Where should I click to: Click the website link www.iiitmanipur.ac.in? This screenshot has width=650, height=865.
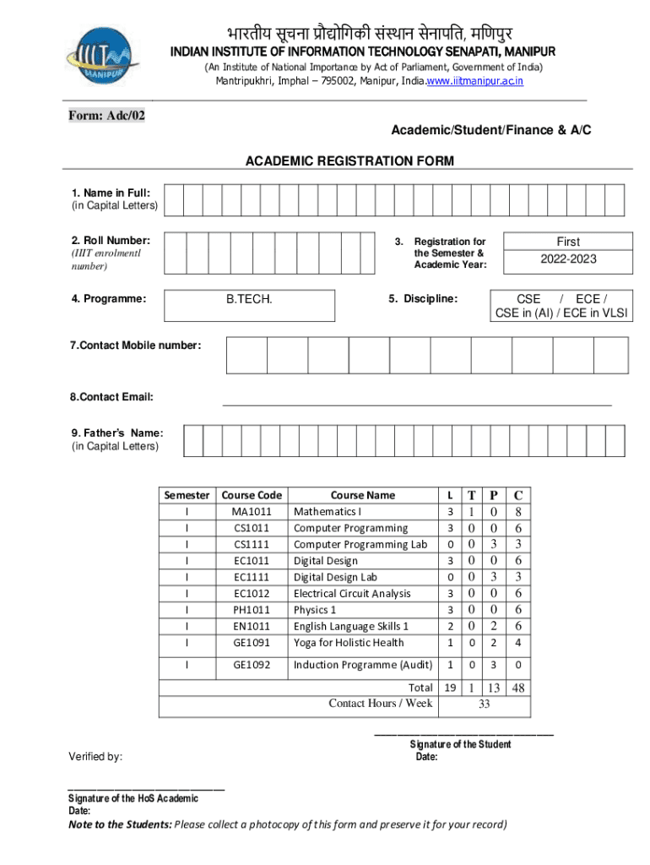(474, 81)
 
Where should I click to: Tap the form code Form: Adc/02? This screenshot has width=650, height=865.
(106, 116)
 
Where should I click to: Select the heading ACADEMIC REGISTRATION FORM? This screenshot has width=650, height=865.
(349, 160)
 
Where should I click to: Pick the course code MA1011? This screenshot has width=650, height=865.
(252, 512)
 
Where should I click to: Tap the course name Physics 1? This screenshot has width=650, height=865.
(315, 610)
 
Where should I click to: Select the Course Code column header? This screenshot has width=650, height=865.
(252, 495)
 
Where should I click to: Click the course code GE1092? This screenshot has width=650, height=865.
(252, 665)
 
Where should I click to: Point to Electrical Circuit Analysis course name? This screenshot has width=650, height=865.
(352, 594)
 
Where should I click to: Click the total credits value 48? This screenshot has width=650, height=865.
(518, 688)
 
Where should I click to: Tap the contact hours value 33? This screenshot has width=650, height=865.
(485, 703)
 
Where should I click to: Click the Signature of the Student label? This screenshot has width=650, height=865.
(460, 744)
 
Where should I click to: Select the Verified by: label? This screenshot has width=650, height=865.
(97, 756)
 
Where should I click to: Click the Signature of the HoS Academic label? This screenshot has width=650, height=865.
(133, 798)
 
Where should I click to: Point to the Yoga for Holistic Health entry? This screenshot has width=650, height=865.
(349, 643)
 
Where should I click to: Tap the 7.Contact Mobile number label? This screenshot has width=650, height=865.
(136, 345)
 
